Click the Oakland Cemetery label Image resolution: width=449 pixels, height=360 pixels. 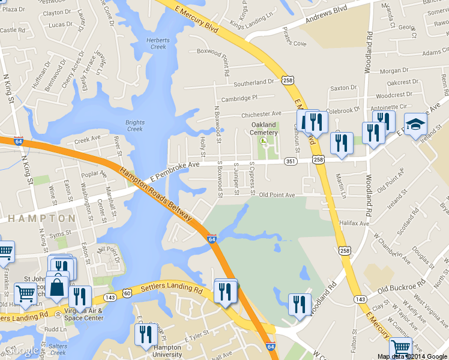point(264,128)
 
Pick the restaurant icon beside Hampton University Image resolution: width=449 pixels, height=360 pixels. point(145,334)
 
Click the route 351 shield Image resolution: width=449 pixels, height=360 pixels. point(290,161)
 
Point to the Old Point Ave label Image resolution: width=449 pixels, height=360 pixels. point(277,195)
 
